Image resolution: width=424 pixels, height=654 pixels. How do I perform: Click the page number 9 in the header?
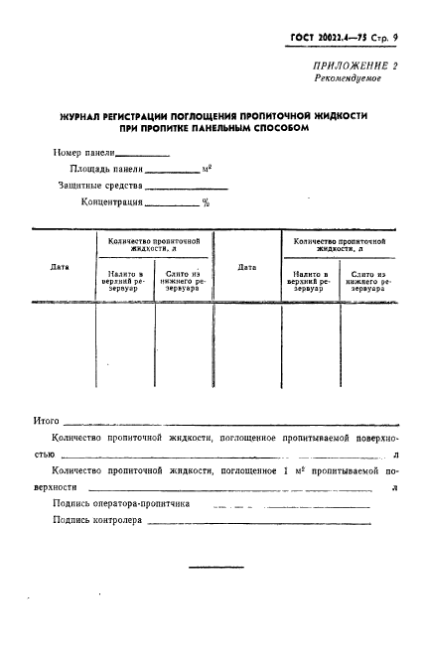click(x=394, y=37)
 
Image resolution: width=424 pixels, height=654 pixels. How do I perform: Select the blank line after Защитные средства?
click(x=187, y=188)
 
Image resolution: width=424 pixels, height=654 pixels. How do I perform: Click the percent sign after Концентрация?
click(x=206, y=202)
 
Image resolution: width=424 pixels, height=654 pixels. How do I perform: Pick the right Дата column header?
click(x=247, y=266)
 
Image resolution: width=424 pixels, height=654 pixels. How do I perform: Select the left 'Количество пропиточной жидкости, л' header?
click(x=153, y=244)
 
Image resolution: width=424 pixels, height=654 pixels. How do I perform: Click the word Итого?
click(x=47, y=421)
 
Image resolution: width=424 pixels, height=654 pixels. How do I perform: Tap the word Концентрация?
click(x=112, y=202)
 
